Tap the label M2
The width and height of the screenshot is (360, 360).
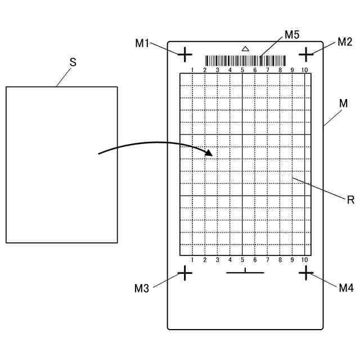tap(344, 42)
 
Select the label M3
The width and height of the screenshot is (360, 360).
tap(142, 289)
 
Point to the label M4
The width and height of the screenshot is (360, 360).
tap(346, 288)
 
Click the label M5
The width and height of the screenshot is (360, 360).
tap(291, 35)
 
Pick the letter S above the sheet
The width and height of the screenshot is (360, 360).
tap(73, 63)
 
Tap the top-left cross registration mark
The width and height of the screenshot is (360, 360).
tap(185, 55)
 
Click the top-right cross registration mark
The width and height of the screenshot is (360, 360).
tap(305, 55)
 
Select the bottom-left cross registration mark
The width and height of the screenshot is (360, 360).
tap(185, 273)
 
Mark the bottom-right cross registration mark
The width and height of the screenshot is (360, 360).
tap(305, 273)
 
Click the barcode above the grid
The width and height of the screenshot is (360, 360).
tap(246, 61)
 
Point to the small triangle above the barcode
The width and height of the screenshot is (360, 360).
tap(245, 49)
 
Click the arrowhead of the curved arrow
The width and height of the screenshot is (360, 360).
tap(210, 152)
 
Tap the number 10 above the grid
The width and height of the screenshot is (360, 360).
tap(304, 70)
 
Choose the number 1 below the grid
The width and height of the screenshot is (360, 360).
tap(192, 259)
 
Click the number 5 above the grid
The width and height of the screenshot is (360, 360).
tap(242, 70)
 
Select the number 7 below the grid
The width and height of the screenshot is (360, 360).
tap(267, 259)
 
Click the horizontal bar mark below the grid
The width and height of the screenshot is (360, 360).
tap(245, 272)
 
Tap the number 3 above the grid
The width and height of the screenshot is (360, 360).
tap(217, 70)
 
